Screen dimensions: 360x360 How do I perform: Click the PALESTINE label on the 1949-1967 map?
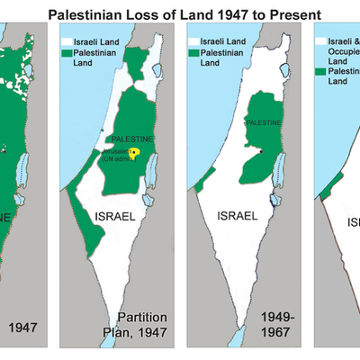[263, 122]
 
